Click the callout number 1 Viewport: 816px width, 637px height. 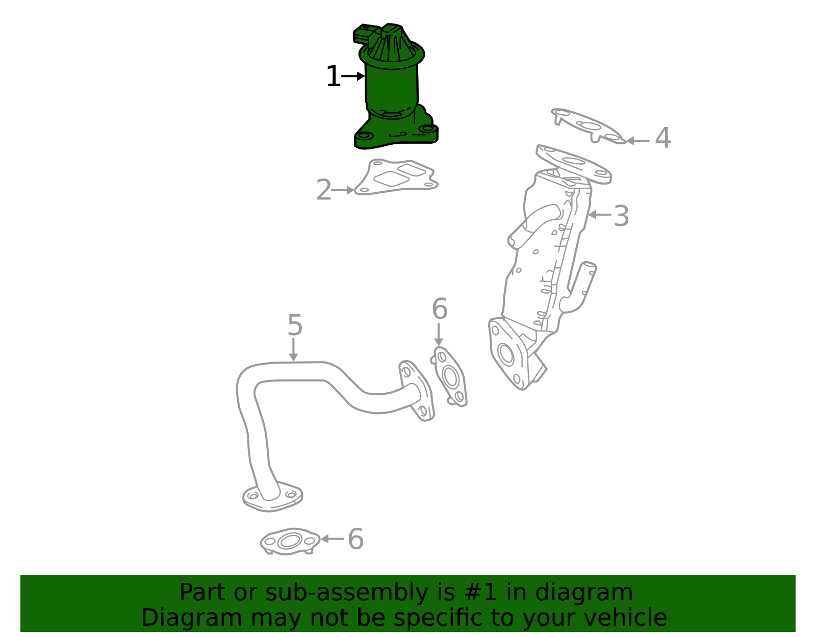coord(333,77)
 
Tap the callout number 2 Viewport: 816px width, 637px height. coord(324,190)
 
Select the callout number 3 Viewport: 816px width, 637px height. coord(621,216)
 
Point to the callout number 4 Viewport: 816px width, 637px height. coord(662,138)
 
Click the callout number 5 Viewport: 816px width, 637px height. coord(295,325)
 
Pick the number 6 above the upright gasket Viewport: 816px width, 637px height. coord(439,309)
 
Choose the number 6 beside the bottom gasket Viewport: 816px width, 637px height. coord(355,540)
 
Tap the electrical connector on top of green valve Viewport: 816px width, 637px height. coord(365,34)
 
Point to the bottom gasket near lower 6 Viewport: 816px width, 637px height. coord(290,541)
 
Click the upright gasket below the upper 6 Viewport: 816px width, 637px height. coord(450,376)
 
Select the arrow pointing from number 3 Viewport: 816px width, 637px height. coord(599,215)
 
